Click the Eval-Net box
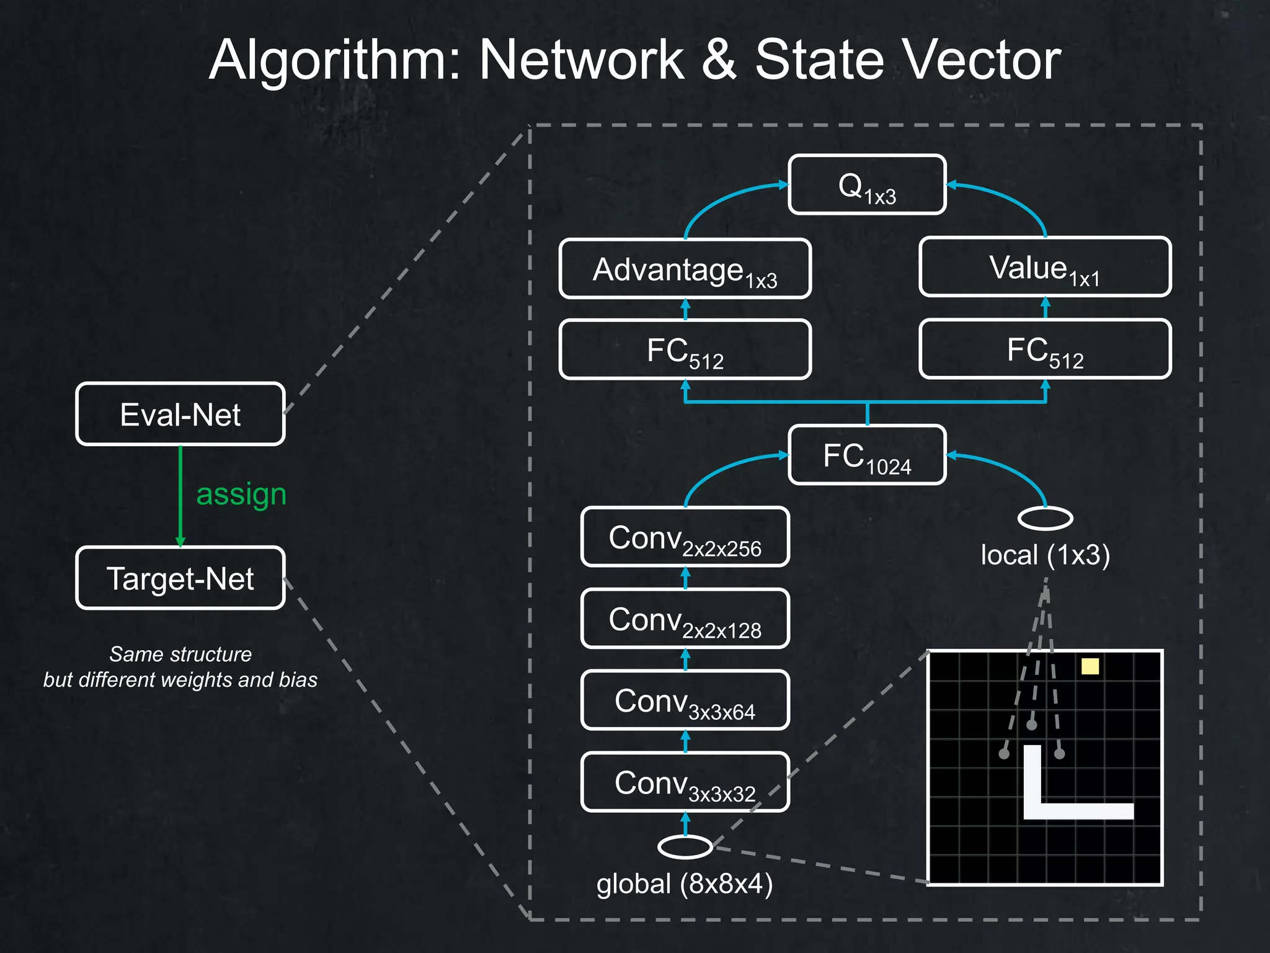[180, 414]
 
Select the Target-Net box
[180, 578]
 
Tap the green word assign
[241, 494]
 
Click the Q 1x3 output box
[867, 185]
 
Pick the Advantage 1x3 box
[685, 269]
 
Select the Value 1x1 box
[1045, 267]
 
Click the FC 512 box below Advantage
[685, 349]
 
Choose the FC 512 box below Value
[1045, 349]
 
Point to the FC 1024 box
[867, 455]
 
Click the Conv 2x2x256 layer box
[685, 537]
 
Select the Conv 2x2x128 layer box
[685, 619]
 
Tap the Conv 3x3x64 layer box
[685, 700]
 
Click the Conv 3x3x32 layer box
[685, 782]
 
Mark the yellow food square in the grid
[1090, 666]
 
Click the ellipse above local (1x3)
[1045, 518]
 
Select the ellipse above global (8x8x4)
[685, 847]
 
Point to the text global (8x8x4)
[685, 884]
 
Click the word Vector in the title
[982, 60]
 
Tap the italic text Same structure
[180, 654]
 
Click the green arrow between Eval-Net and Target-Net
[180, 496]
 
